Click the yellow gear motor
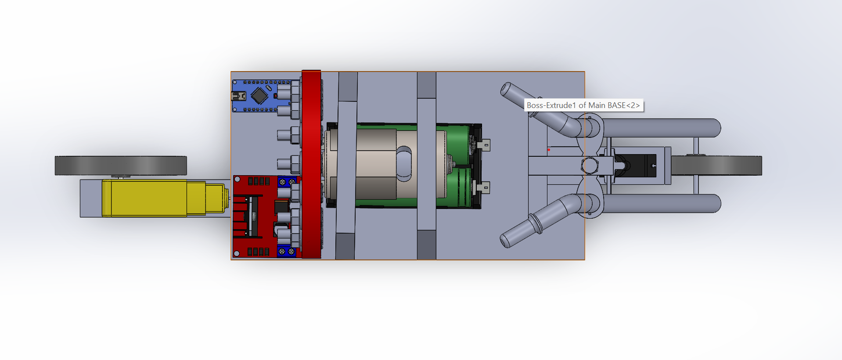tap(165, 198)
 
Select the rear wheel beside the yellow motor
tap(121, 166)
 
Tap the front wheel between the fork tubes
tap(716, 166)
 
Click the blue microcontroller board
tap(261, 96)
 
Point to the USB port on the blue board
tap(238, 96)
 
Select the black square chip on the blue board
tap(259, 95)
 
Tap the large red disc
tap(311, 164)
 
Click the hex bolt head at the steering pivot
tap(590, 166)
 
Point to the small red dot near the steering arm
tap(549, 150)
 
